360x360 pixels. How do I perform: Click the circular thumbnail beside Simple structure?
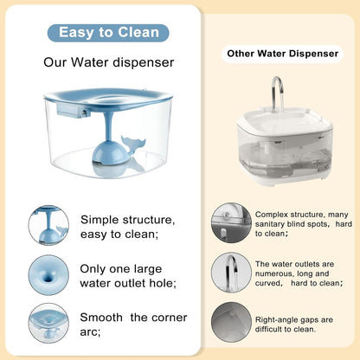pos(48,225)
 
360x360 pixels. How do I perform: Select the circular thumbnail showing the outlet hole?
pos(48,275)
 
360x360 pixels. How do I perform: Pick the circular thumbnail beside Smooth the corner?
pos(48,323)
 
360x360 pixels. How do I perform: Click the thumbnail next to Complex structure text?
pos(231,222)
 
